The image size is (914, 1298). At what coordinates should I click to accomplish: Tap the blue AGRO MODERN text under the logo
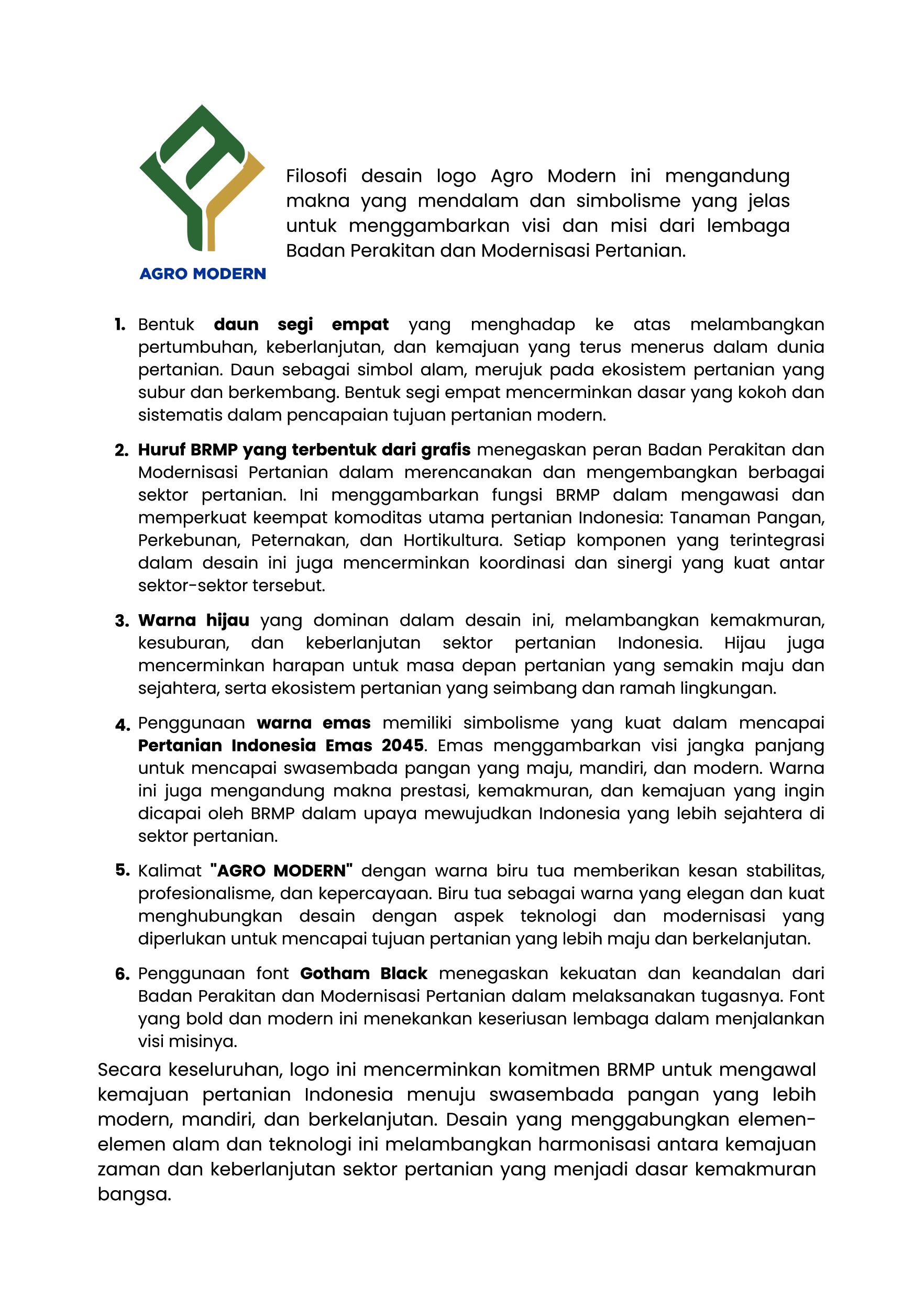coord(203,274)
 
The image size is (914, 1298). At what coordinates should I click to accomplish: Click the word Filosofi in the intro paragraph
coord(316,176)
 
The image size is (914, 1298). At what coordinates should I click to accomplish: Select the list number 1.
coord(120,325)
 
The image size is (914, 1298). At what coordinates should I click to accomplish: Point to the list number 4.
coord(122,725)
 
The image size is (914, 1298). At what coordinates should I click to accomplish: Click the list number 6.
coord(122,974)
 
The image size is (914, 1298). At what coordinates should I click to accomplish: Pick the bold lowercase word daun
coord(236,325)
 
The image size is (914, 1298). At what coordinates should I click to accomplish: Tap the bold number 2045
coord(402,745)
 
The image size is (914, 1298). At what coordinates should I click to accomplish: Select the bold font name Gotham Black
coord(363,973)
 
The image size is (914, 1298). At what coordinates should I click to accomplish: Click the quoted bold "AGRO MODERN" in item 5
coord(281,871)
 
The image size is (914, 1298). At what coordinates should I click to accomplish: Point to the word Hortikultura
coord(453,540)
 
